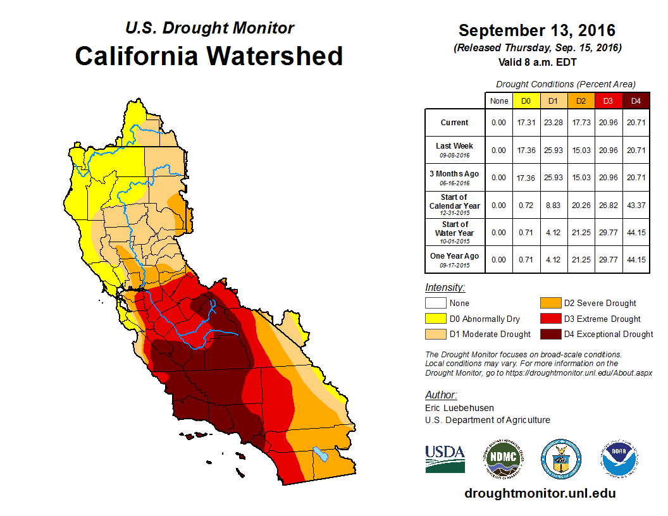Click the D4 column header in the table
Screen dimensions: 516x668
pos(636,101)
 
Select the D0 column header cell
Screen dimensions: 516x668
pos(526,101)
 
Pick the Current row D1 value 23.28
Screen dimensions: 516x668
pos(553,123)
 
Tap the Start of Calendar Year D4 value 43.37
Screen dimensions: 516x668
pos(636,206)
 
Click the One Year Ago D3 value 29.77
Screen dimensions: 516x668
pos(608,260)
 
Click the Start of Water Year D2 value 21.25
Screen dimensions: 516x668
pos(581,233)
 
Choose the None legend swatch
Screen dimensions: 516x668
pos(435,304)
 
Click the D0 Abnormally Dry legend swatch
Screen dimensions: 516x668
pos(435,319)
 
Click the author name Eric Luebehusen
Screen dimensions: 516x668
pos(459,408)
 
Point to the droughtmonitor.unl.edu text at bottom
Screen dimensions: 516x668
pos(540,493)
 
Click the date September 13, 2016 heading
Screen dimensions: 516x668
pos(536,30)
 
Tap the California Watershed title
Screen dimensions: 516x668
pos(209,56)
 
